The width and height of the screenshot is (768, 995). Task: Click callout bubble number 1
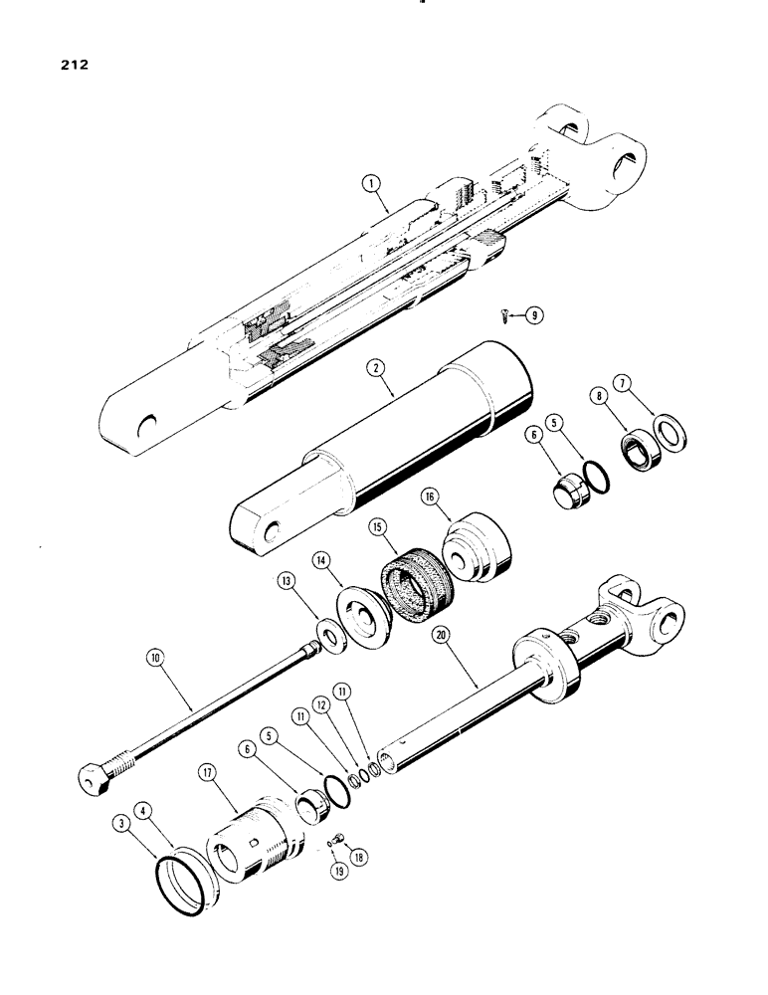[x=371, y=182]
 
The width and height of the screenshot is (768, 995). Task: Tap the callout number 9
[x=535, y=315]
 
